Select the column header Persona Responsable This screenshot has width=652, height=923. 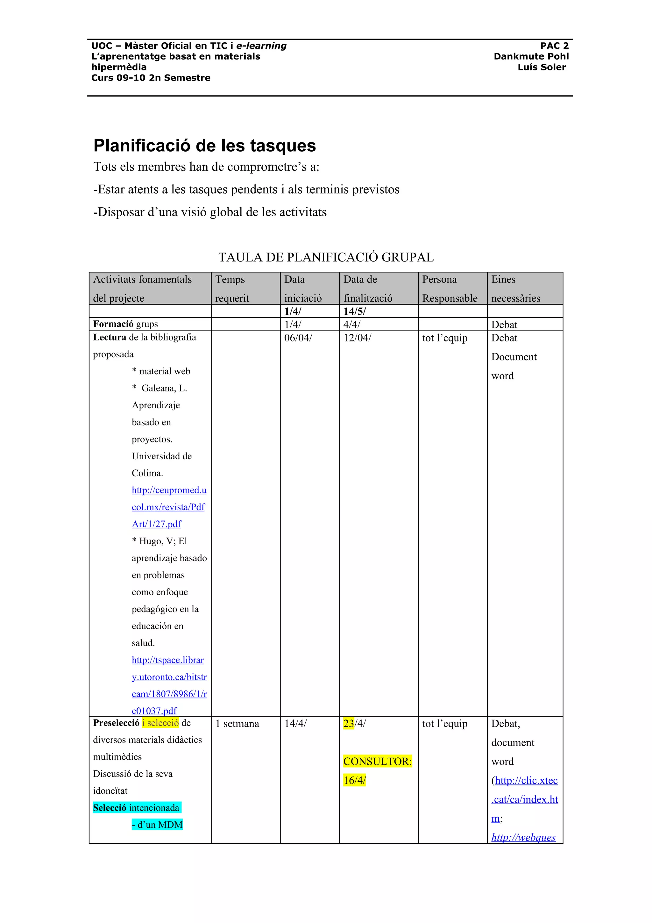[x=450, y=289]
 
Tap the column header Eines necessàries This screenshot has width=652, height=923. [x=515, y=289]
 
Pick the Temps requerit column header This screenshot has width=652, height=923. [x=232, y=289]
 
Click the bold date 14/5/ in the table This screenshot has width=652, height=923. [x=354, y=311]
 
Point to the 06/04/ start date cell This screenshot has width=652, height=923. [x=298, y=338]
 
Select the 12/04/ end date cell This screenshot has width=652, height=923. [x=357, y=338]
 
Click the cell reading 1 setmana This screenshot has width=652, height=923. [x=237, y=724]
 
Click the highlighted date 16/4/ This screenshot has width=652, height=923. [x=354, y=780]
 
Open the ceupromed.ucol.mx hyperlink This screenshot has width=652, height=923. [x=169, y=507]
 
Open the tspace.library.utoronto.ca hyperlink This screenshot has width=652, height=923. [x=169, y=677]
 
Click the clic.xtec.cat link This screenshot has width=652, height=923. [x=525, y=790]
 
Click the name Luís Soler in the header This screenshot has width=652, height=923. [x=541, y=67]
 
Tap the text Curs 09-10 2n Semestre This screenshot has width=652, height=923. [x=151, y=78]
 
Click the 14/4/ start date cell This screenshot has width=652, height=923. [x=295, y=724]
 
